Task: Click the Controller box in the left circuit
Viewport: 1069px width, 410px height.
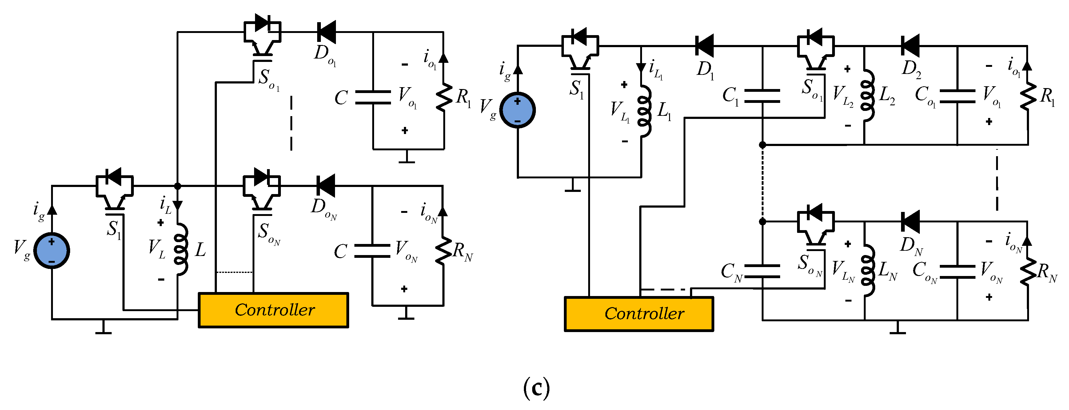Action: (x=273, y=310)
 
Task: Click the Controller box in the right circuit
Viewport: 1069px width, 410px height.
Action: (x=639, y=314)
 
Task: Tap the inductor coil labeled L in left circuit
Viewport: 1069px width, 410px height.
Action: (x=181, y=249)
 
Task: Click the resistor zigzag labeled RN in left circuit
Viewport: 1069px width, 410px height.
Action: (x=443, y=251)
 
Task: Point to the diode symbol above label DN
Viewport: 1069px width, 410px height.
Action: (x=910, y=221)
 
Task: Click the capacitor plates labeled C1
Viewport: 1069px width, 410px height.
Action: (x=762, y=95)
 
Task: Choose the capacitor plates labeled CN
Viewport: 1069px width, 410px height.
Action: (x=762, y=271)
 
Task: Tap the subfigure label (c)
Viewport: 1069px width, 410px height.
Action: (x=536, y=388)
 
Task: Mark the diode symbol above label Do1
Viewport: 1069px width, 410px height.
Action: (x=326, y=32)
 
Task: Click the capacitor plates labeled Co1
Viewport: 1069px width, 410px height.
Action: (x=957, y=96)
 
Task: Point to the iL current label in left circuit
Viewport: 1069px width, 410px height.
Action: (x=165, y=204)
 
